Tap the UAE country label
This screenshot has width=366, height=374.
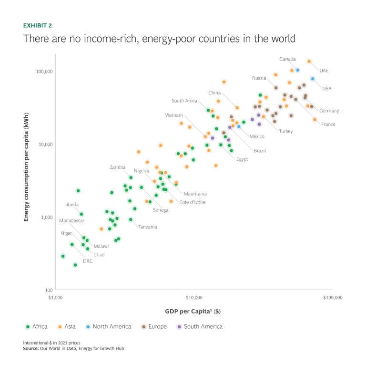click(x=324, y=71)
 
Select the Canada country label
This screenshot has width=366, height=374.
click(x=287, y=59)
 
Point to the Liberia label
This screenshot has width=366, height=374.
click(x=71, y=205)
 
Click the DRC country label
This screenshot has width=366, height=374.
click(x=88, y=261)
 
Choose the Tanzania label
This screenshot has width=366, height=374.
click(x=148, y=227)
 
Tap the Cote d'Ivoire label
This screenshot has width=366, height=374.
click(x=193, y=202)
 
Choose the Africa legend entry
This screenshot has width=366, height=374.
click(x=36, y=327)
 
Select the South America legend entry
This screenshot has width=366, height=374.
click(x=199, y=327)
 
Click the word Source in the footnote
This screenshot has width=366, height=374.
click(x=31, y=348)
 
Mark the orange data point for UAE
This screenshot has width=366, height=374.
click(x=309, y=61)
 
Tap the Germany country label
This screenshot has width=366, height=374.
click(x=329, y=111)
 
